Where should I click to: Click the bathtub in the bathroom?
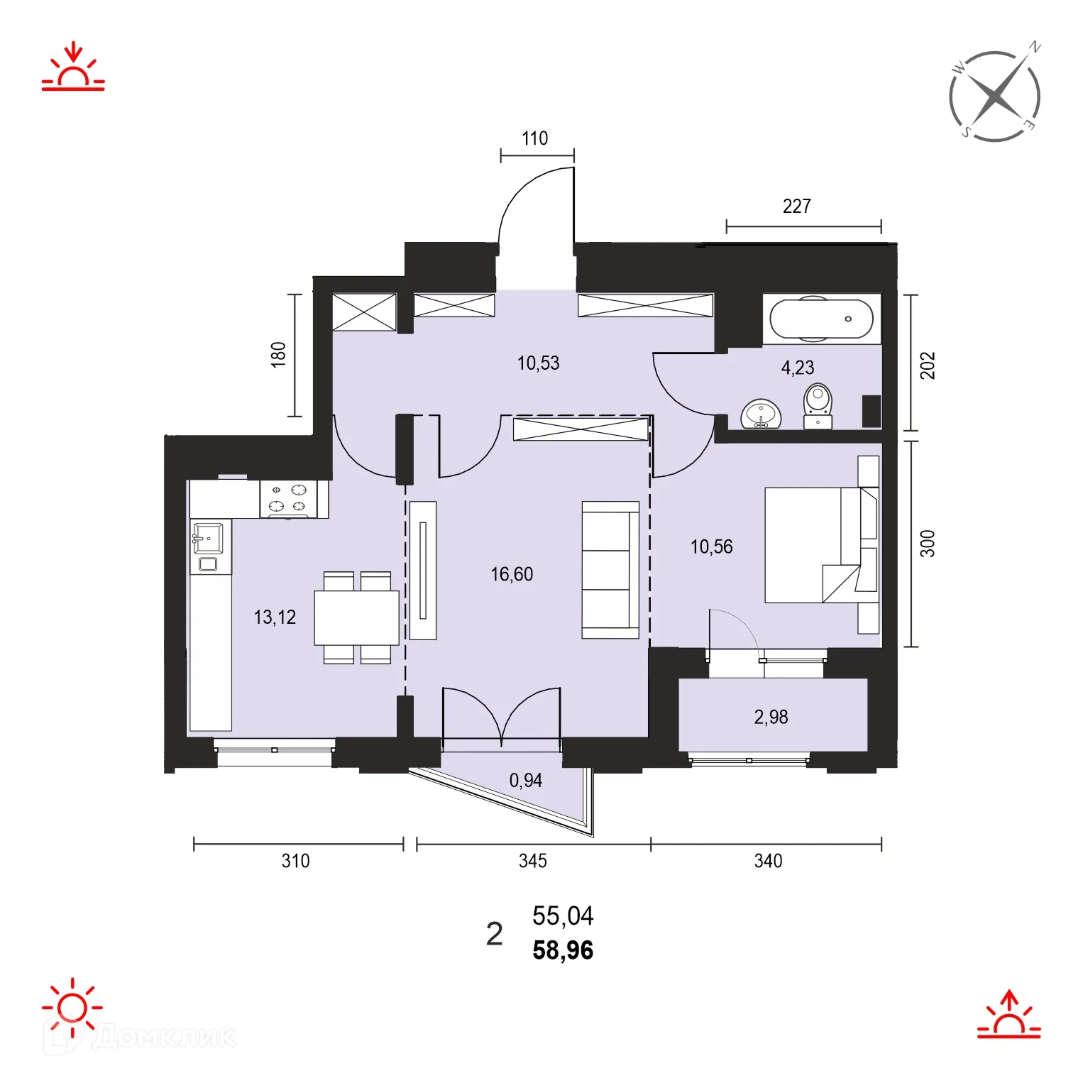coord(821,319)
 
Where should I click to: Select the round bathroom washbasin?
coord(761,414)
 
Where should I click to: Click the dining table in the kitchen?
coord(356,617)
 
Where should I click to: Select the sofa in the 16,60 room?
coord(610,570)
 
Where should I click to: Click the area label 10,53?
coord(538,363)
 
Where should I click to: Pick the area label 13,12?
coord(275,617)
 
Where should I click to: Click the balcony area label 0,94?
coord(525,781)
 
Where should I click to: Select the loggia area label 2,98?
coord(771,717)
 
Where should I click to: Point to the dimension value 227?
coord(796,207)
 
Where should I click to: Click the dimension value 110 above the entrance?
coord(534,138)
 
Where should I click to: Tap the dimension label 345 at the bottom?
coord(532,861)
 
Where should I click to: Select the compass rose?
coord(995,96)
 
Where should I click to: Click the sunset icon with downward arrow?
coord(73,68)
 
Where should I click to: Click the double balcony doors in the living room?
coord(502,717)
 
